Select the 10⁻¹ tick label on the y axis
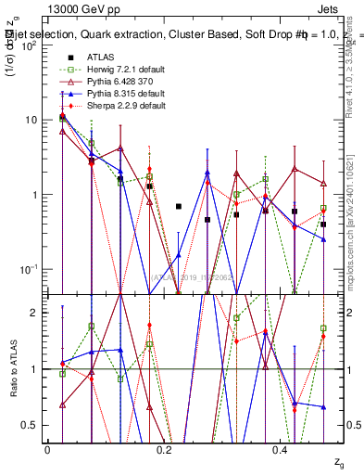click(x=30, y=269)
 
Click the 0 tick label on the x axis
click(x=47, y=449)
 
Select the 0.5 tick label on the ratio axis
click(x=32, y=425)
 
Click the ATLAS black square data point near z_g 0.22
click(x=179, y=206)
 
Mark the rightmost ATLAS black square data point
click(x=323, y=225)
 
